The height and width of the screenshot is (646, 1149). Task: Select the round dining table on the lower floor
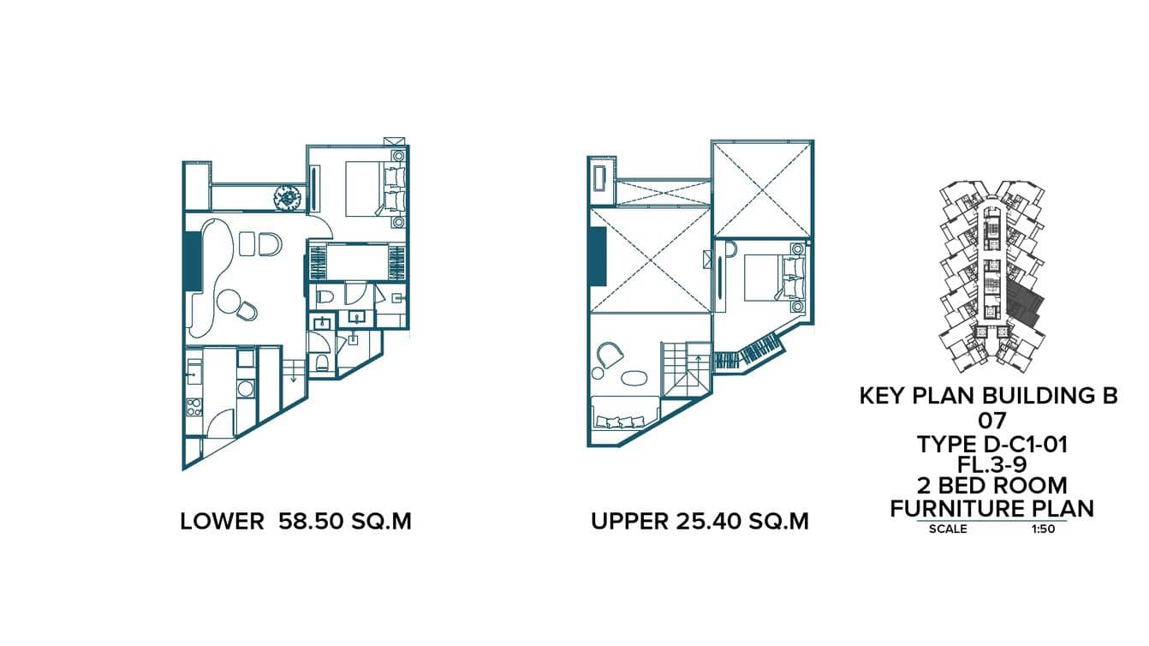coord(229,302)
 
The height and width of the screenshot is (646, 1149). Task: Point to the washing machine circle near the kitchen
coord(246,389)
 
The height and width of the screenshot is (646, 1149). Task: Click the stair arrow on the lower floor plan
coord(294,374)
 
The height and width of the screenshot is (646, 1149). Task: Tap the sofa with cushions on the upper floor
coord(624,420)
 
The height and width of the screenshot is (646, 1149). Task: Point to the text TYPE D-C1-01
coord(991,444)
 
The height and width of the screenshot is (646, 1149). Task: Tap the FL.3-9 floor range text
coord(991,465)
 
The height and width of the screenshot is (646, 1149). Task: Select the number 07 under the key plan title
coord(991,422)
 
